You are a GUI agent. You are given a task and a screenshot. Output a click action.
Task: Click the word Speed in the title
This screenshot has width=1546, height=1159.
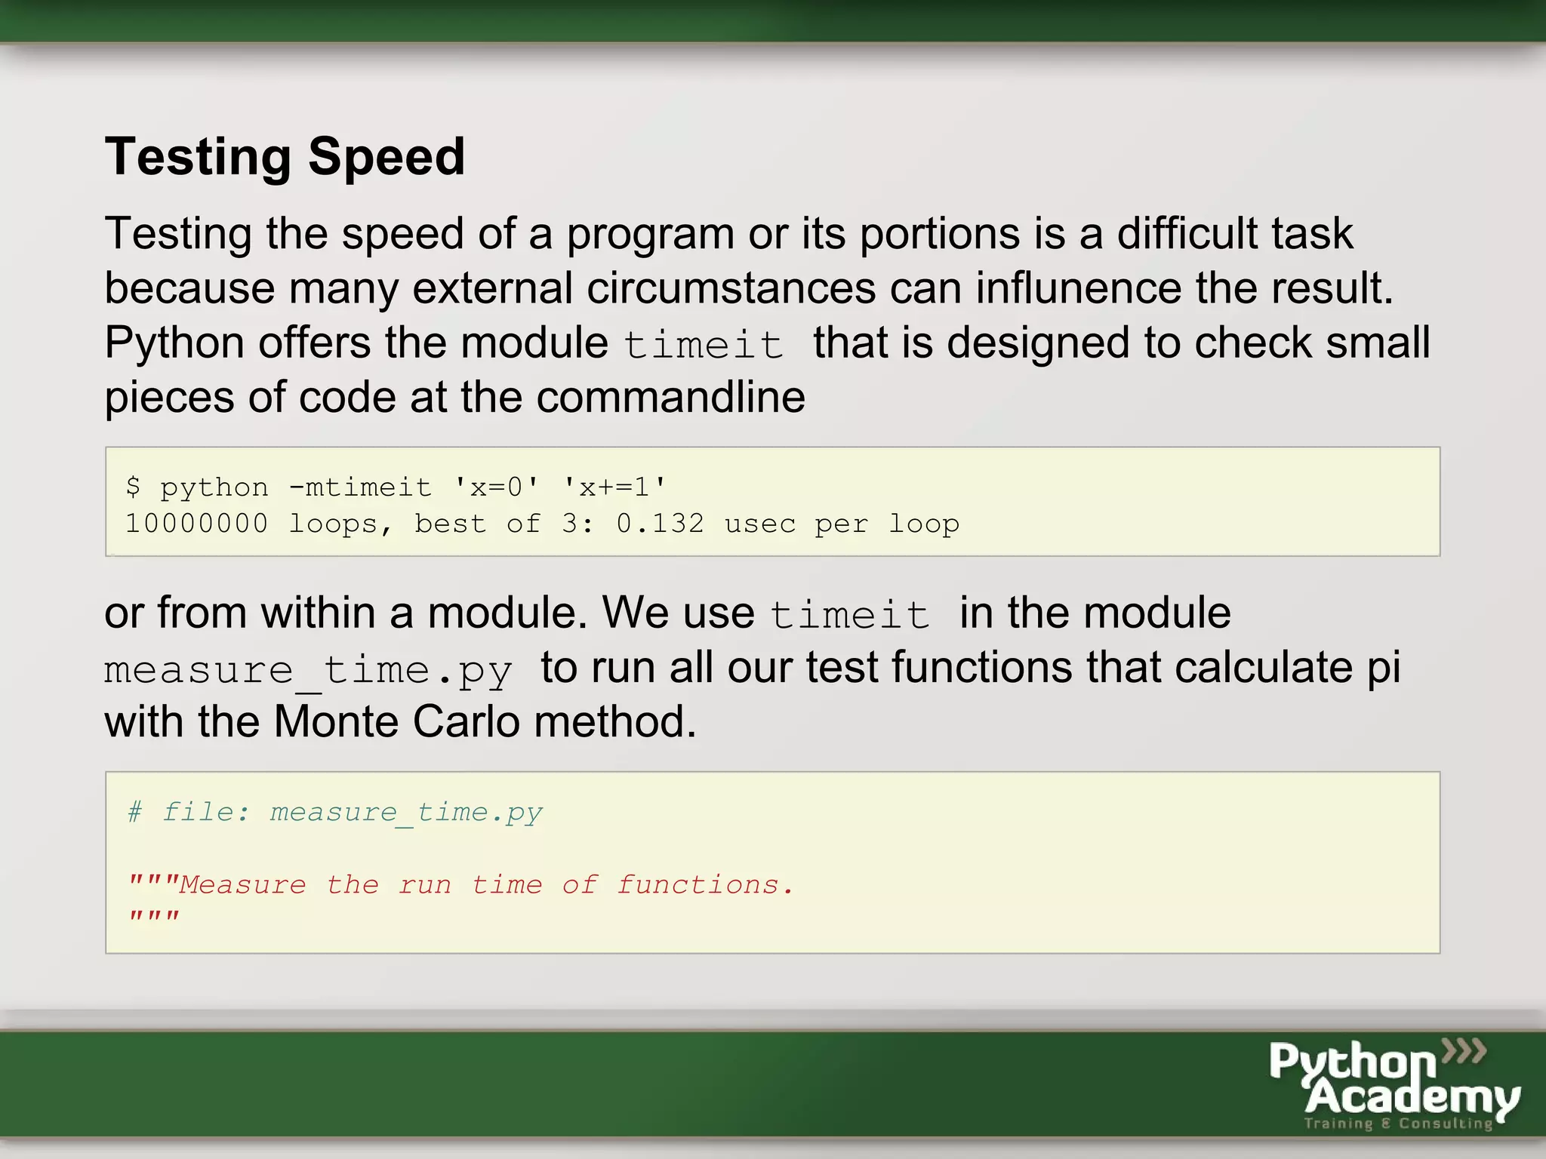pyautogui.click(x=386, y=158)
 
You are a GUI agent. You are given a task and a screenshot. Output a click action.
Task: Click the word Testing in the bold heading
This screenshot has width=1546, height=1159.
pyautogui.click(x=198, y=158)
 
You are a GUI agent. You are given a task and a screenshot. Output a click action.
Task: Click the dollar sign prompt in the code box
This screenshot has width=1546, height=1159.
pyautogui.click(x=134, y=487)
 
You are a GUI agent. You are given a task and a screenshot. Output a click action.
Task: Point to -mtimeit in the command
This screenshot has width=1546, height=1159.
pyautogui.click(x=360, y=487)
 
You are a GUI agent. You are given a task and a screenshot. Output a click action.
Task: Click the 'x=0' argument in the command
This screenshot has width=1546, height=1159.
pyautogui.click(x=496, y=487)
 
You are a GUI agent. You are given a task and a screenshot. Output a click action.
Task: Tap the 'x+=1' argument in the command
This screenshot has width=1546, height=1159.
pyautogui.click(x=614, y=487)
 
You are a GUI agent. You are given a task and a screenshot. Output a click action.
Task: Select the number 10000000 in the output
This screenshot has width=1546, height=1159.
pyautogui.click(x=196, y=524)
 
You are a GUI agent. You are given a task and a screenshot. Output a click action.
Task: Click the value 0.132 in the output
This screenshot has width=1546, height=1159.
pyautogui.click(x=660, y=524)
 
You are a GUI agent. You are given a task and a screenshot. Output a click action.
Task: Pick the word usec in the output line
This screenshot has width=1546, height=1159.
pyautogui.click(x=759, y=524)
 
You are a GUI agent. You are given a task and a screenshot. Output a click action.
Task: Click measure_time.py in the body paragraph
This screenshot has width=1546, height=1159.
pyautogui.click(x=308, y=669)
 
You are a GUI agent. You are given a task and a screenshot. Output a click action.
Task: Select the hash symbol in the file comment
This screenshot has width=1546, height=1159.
pyautogui.click(x=135, y=813)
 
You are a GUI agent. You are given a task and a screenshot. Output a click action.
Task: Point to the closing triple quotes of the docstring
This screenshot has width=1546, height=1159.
pyautogui.click(x=154, y=918)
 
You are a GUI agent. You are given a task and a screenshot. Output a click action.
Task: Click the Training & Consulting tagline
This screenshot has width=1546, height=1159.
pyautogui.click(x=1398, y=1124)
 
